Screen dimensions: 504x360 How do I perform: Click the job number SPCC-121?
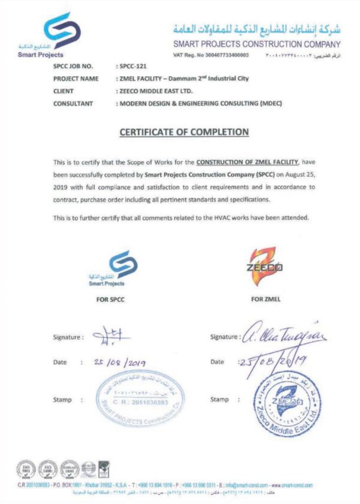pos(129,65)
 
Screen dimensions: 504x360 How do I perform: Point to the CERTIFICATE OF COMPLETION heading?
pos(184,132)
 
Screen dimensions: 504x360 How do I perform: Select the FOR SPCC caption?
pos(106,298)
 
